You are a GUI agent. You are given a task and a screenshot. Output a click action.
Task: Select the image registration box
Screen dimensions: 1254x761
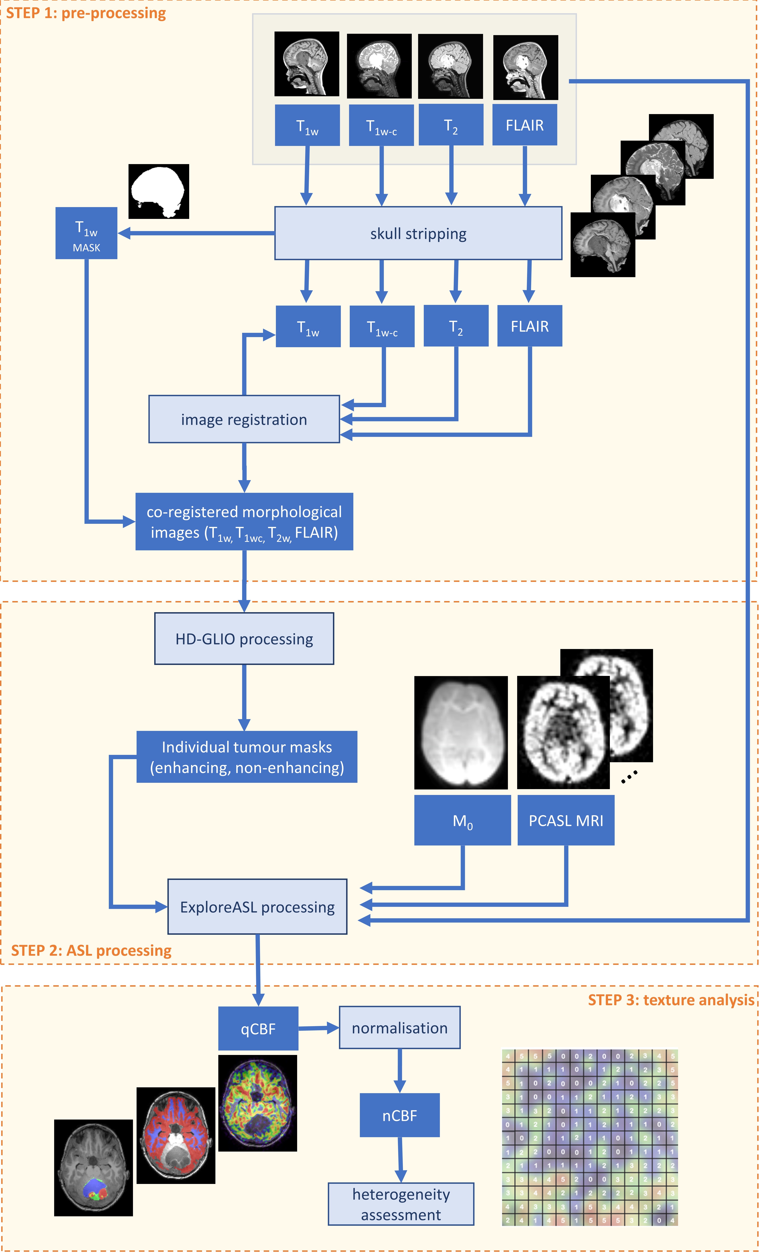point(244,419)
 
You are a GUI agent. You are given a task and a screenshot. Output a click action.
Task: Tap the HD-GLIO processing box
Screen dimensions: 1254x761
point(244,639)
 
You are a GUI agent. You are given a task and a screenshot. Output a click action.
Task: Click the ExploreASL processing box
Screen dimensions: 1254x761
point(257,907)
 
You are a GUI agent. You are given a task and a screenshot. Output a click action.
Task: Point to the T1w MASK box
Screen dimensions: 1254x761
point(86,233)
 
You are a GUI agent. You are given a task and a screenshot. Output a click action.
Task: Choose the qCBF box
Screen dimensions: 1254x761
point(258,1029)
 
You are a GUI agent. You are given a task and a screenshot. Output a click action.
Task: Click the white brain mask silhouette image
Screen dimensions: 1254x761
point(158,191)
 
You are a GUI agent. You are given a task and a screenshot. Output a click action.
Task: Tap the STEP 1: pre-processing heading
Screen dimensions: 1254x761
point(86,13)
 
